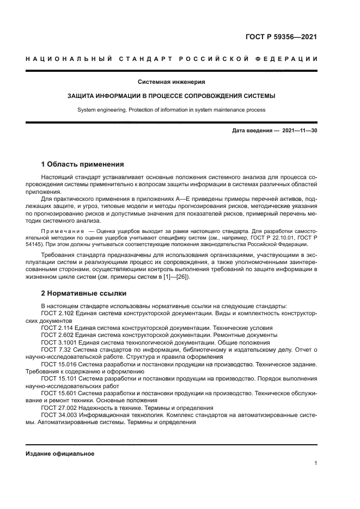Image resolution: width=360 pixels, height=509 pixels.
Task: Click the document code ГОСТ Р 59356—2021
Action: [x=278, y=38]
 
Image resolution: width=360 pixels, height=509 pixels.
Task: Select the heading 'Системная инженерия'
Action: [x=171, y=82]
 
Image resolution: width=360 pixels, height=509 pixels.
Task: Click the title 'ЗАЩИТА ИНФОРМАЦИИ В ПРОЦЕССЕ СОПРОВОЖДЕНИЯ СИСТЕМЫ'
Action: [x=171, y=96]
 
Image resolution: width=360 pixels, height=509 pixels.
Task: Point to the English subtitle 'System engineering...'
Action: [x=171, y=109]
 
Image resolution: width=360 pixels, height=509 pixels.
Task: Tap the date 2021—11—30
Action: [x=300, y=131]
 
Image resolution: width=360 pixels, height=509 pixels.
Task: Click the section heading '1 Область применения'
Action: [x=83, y=164]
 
